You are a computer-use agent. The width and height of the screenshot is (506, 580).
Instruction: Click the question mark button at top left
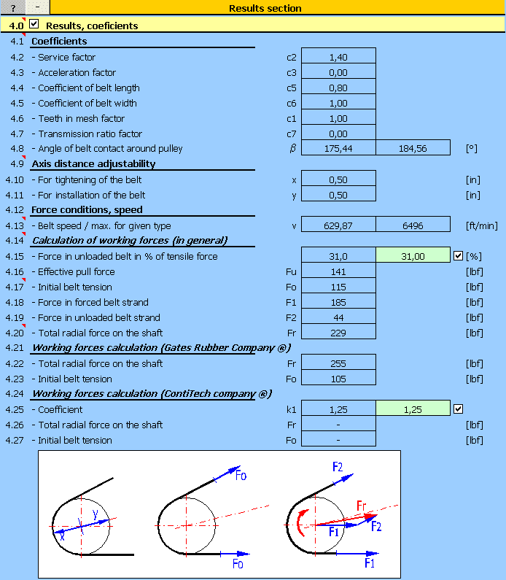pyautogui.click(x=12, y=7)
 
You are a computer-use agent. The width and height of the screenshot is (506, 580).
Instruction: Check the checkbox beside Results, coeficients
pyautogui.click(x=33, y=25)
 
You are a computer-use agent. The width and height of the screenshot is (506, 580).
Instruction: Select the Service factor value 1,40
pyautogui.click(x=338, y=57)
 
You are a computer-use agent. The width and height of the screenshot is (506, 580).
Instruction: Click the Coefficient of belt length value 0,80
pyautogui.click(x=338, y=88)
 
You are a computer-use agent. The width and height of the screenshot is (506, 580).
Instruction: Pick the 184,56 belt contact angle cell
pyautogui.click(x=413, y=149)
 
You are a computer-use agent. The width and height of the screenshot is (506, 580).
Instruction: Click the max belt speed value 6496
pyautogui.click(x=413, y=226)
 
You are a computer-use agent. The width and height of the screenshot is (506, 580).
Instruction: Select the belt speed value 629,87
pyautogui.click(x=338, y=226)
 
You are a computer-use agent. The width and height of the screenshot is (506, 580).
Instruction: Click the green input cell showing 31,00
pyautogui.click(x=413, y=256)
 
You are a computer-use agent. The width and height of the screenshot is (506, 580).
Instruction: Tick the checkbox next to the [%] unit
pyautogui.click(x=458, y=256)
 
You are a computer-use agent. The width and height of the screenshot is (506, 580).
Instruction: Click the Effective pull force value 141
pyautogui.click(x=338, y=271)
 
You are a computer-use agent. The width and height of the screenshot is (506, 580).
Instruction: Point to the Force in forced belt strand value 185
pyautogui.click(x=338, y=302)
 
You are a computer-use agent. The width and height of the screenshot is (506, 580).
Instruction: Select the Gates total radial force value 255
pyautogui.click(x=338, y=363)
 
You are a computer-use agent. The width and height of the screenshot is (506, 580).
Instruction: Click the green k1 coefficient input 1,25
pyautogui.click(x=413, y=409)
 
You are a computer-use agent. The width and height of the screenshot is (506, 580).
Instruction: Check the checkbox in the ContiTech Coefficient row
pyautogui.click(x=458, y=409)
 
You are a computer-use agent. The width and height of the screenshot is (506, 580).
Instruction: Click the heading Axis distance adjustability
pyautogui.click(x=93, y=164)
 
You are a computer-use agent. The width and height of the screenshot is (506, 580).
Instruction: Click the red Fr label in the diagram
pyautogui.click(x=362, y=506)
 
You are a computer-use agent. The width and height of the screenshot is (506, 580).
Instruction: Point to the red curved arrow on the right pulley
pyautogui.click(x=301, y=522)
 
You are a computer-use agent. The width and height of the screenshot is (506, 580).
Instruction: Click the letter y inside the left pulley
pyautogui.click(x=95, y=514)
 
